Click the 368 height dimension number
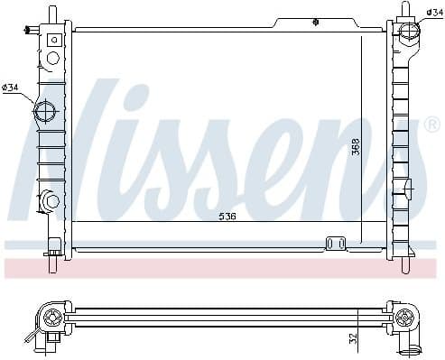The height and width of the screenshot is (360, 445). click(357, 146)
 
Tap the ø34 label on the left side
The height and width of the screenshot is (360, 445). click(11, 87)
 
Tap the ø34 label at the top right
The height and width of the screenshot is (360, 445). click(434, 11)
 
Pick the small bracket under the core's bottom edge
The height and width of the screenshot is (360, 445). click(336, 243)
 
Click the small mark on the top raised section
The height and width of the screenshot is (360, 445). click(314, 20)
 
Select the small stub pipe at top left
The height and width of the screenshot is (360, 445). click(32, 31)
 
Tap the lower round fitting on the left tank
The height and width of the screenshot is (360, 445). click(48, 200)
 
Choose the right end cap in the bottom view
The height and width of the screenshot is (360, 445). click(406, 318)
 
